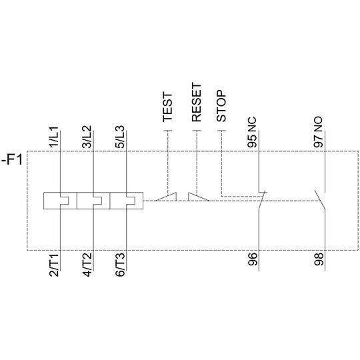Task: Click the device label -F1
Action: coord(12,160)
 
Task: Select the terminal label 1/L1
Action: coord(54,137)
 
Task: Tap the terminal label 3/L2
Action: coord(87,137)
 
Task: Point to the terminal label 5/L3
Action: coord(120,137)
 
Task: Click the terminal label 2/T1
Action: coord(54,265)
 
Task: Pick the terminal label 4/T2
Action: coord(87,265)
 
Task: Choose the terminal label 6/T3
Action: coord(120,265)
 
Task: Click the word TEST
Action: coord(167,107)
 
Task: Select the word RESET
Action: coord(197,103)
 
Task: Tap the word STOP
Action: coord(221,106)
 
